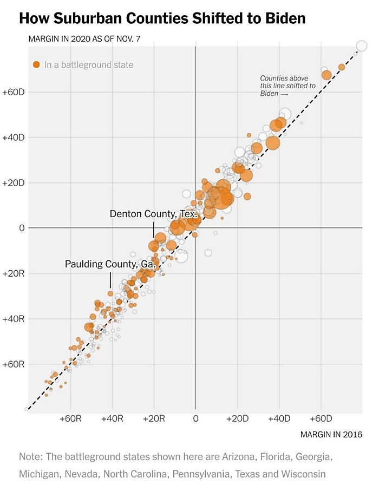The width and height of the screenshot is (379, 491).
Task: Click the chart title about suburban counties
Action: pyautogui.click(x=162, y=19)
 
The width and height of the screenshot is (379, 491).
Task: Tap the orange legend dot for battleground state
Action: pyautogui.click(x=36, y=65)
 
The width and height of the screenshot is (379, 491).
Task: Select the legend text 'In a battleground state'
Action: pyautogui.click(x=89, y=65)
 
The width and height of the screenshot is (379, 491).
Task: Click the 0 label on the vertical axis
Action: pyautogui.click(x=22, y=228)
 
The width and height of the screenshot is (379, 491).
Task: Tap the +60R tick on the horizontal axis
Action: pyautogui.click(x=70, y=418)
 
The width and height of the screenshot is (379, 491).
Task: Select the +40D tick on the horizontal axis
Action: pyautogui.click(x=279, y=418)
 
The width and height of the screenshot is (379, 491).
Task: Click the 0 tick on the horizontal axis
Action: pyautogui.click(x=195, y=418)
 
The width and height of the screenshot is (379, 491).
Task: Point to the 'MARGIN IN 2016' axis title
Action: pyautogui.click(x=331, y=434)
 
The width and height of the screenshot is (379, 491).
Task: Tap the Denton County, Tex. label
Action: pyautogui.click(x=153, y=214)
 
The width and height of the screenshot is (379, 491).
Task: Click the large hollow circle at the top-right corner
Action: pyautogui.click(x=361, y=46)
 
